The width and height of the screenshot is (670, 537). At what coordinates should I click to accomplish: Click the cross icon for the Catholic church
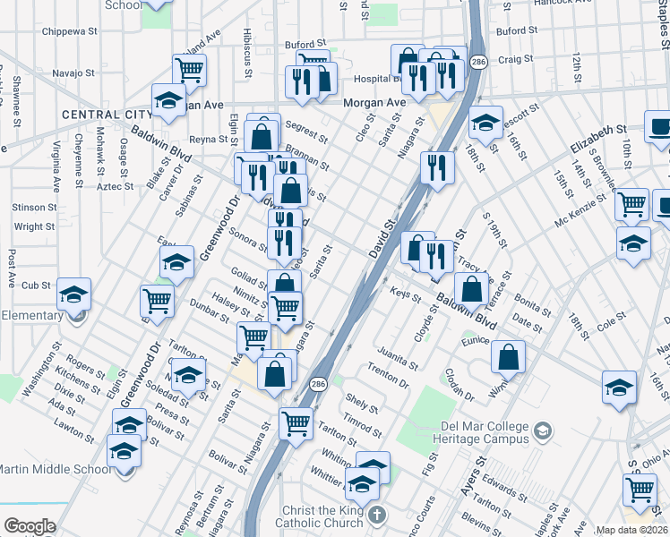[x=377, y=516]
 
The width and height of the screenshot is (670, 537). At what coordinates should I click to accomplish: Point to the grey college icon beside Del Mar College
[x=541, y=432]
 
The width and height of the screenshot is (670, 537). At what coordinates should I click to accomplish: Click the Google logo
[x=30, y=526]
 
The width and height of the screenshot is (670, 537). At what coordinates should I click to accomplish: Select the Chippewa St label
[x=70, y=31]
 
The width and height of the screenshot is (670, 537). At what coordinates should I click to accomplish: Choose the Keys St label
[x=399, y=293]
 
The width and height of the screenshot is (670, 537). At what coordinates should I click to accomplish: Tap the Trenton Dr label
[x=388, y=377]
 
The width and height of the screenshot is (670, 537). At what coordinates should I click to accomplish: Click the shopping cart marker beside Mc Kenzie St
[x=631, y=204]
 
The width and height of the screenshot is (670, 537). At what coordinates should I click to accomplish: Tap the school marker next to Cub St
[x=74, y=294]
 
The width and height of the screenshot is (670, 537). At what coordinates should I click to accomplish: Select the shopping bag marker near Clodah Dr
[x=508, y=356]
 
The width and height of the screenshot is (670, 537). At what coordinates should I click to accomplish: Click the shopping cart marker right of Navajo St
[x=189, y=69]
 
